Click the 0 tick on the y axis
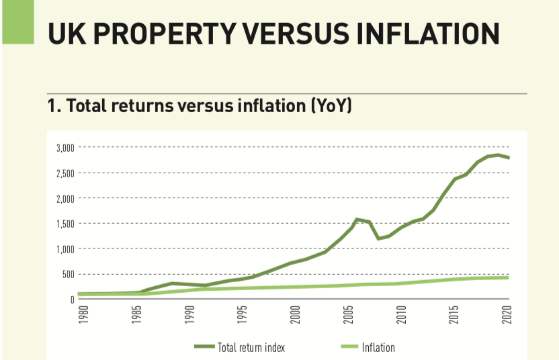point(71,300)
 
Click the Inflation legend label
point(378,347)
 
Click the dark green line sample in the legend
point(204,347)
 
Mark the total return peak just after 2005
point(357,219)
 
